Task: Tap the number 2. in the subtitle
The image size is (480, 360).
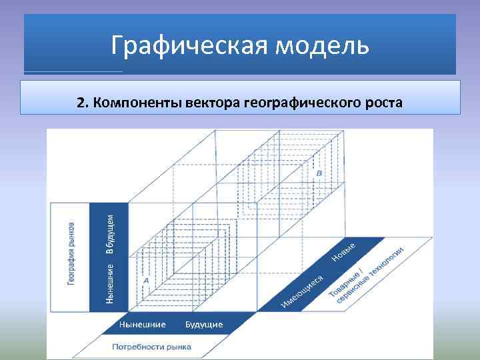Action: tap(82, 103)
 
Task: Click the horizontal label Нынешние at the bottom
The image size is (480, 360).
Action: tap(142, 324)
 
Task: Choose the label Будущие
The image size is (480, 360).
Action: tap(204, 324)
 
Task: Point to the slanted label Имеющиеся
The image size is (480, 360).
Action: tap(302, 292)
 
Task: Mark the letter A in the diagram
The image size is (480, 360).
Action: tap(145, 281)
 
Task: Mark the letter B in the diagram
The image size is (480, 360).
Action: tap(319, 173)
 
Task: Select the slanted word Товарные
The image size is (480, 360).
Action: tap(345, 287)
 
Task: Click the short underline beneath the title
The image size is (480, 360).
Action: tap(73, 71)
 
